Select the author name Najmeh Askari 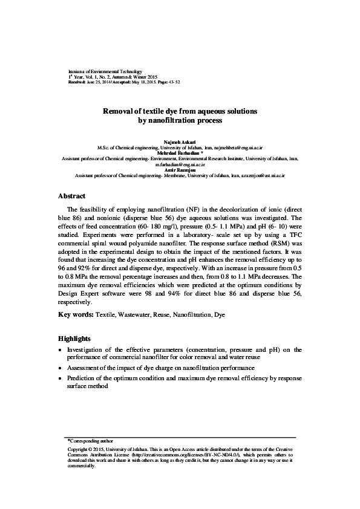pyautogui.click(x=180, y=141)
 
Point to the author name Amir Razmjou pyautogui.click(x=180, y=170)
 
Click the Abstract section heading pyautogui.click(x=71, y=196)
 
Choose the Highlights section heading pyautogui.click(x=74, y=339)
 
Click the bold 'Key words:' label pyautogui.click(x=76, y=315)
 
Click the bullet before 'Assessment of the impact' pyautogui.click(x=60, y=368)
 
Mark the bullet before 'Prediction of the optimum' pyautogui.click(x=60, y=378)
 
